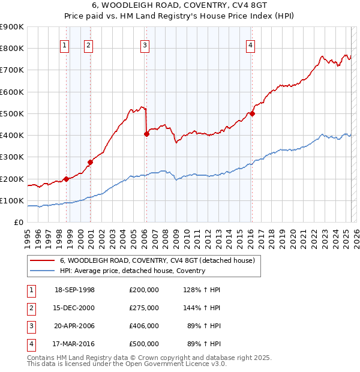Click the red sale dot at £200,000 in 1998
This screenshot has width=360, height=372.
pos(67,179)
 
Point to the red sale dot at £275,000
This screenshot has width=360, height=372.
pos(91,162)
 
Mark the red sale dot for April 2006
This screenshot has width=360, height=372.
pos(146,134)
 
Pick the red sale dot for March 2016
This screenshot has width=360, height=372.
pos(253,113)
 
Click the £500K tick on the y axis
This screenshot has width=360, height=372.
pos(12,113)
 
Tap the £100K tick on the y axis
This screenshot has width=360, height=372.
pos(12,200)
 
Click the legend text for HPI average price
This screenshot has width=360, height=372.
pos(132,271)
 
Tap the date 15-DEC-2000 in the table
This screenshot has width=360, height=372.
pos(74,308)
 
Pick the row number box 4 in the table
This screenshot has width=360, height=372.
pos(30,344)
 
